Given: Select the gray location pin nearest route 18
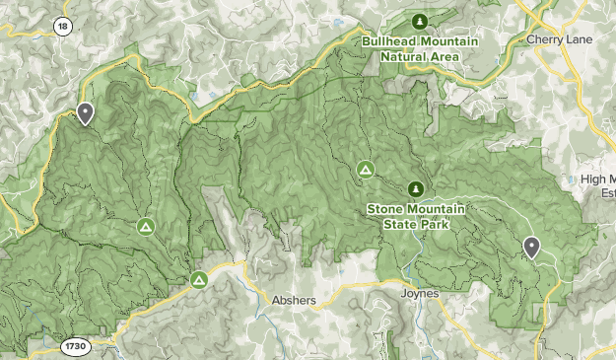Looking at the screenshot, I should pyautogui.click(x=86, y=113).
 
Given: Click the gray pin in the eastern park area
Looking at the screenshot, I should pyautogui.click(x=532, y=247).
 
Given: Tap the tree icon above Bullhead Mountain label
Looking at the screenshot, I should pyautogui.click(x=420, y=22).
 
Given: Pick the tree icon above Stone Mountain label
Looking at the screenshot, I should pyautogui.click(x=415, y=188).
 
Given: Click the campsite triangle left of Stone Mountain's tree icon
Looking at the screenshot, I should pyautogui.click(x=365, y=171).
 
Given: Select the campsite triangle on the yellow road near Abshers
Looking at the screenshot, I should pyautogui.click(x=199, y=281).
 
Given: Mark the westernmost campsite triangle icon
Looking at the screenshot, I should pyautogui.click(x=145, y=228).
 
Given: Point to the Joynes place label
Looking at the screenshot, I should pyautogui.click(x=419, y=293).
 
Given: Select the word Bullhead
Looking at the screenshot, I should pyautogui.click(x=391, y=42).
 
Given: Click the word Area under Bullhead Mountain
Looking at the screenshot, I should pyautogui.click(x=445, y=56).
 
